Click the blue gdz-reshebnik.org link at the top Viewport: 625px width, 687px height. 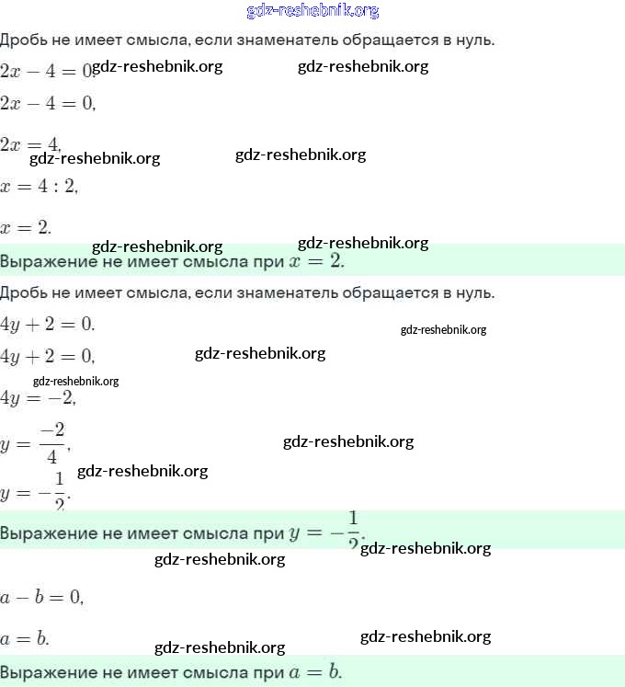pyautogui.click(x=312, y=11)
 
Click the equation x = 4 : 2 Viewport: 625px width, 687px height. pyautogui.click(x=40, y=186)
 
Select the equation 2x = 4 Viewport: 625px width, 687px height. pyautogui.click(x=30, y=143)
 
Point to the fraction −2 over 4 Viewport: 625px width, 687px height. pyautogui.click(x=53, y=443)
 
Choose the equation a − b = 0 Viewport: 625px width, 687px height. pyautogui.click(x=41, y=597)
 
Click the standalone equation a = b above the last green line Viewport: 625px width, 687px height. pyautogui.click(x=25, y=638)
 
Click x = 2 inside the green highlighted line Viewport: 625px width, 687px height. pyautogui.click(x=316, y=261)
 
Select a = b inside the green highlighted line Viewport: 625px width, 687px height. pyautogui.click(x=313, y=671)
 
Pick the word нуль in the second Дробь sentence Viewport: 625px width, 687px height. pyautogui.click(x=474, y=293)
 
